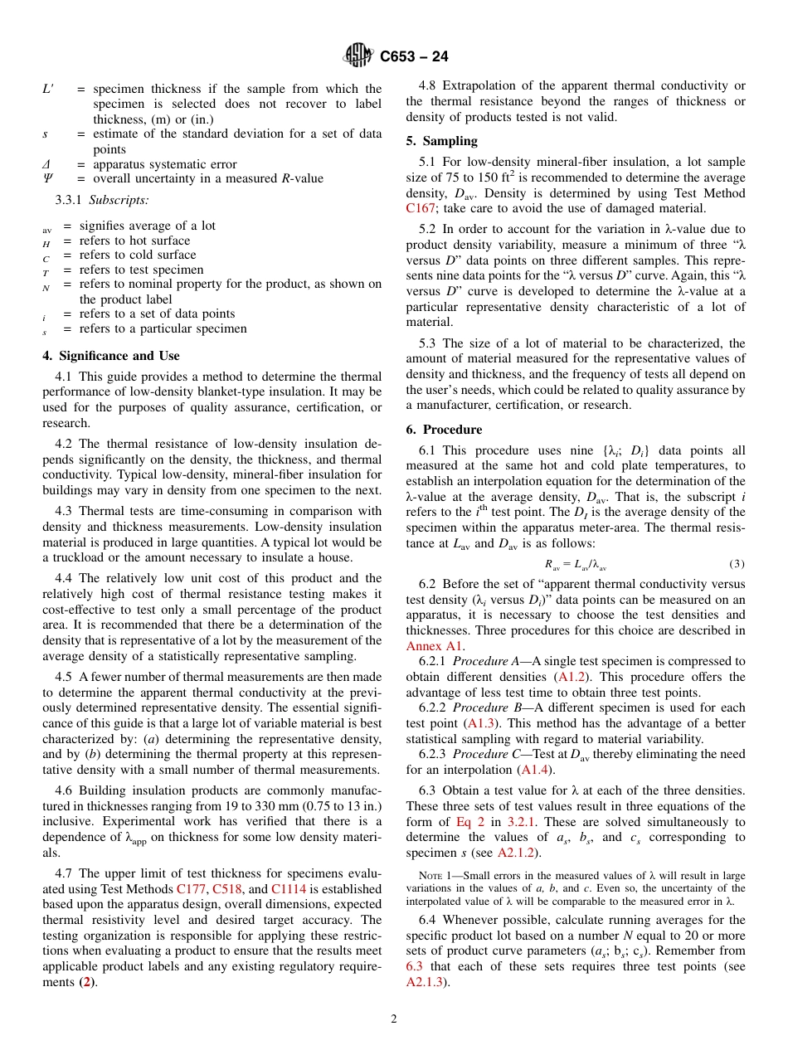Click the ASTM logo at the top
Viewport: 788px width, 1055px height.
(x=359, y=56)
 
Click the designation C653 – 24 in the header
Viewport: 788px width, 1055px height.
(x=414, y=57)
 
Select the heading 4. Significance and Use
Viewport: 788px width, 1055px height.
(x=110, y=356)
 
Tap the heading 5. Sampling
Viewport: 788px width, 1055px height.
(x=441, y=141)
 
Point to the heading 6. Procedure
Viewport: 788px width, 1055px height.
(x=444, y=430)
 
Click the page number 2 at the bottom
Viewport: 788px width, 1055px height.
(x=394, y=1019)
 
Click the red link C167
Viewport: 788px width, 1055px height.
(x=421, y=208)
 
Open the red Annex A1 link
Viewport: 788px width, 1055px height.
(x=435, y=645)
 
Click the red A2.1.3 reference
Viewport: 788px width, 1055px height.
(x=426, y=982)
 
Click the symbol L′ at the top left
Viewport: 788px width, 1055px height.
(x=48, y=89)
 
